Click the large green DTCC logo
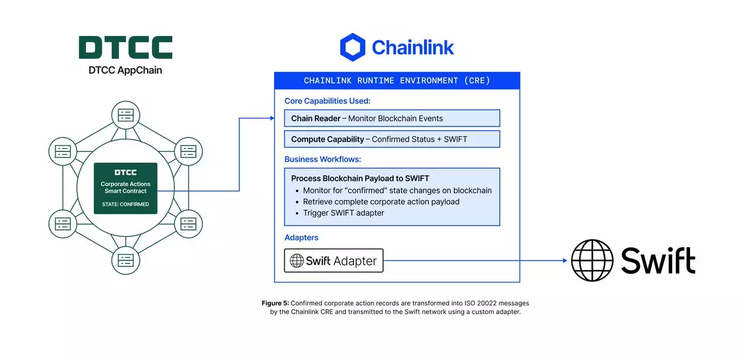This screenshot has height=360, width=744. click(x=125, y=48)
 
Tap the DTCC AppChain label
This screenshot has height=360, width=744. click(x=125, y=71)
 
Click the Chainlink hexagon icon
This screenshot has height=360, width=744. click(x=352, y=48)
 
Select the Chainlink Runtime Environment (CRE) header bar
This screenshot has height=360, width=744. click(x=397, y=81)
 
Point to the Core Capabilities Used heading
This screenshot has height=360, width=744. click(x=327, y=101)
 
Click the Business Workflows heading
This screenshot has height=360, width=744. click(x=322, y=159)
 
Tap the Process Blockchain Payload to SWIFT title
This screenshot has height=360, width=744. click(x=360, y=178)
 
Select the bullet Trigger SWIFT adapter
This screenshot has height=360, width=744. click(x=343, y=213)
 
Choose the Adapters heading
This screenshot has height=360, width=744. click(x=302, y=237)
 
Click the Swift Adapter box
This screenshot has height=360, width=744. click(x=334, y=261)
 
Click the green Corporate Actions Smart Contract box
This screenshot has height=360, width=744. click(x=125, y=188)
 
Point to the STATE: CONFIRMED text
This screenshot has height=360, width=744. click(x=125, y=204)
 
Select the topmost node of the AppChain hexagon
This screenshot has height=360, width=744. click(x=125, y=115)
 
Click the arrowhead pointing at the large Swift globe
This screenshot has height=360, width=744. click(x=565, y=261)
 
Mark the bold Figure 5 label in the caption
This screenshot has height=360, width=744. click(x=275, y=303)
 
